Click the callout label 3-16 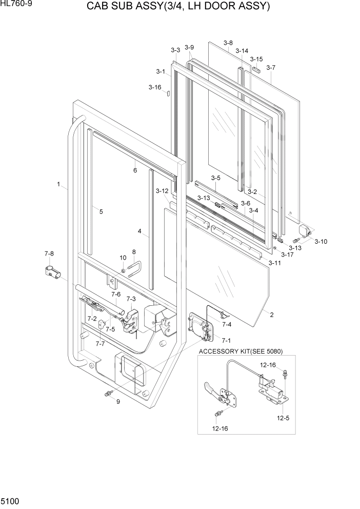(x=155, y=87)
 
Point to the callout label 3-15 (x=256, y=59)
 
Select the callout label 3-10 (x=321, y=241)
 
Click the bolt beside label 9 (x=109, y=394)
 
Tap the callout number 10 (x=123, y=258)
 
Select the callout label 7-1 (x=226, y=340)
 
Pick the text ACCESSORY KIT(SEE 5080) (x=240, y=351)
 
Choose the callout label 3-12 (x=162, y=191)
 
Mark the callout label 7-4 (x=226, y=324)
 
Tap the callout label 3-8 (x=228, y=43)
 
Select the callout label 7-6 (x=115, y=294)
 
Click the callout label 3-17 (x=287, y=254)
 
